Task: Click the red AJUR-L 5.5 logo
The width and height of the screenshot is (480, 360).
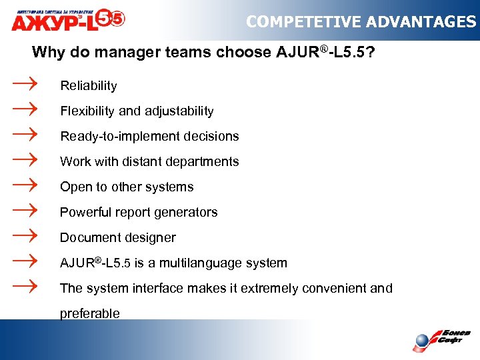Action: coord(67,20)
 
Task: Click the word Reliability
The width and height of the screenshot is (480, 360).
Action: coord(89,86)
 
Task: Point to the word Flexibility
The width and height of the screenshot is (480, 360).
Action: coord(87,111)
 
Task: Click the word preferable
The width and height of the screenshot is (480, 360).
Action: coord(90,314)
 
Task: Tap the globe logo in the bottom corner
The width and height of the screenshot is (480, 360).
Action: coord(421,341)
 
